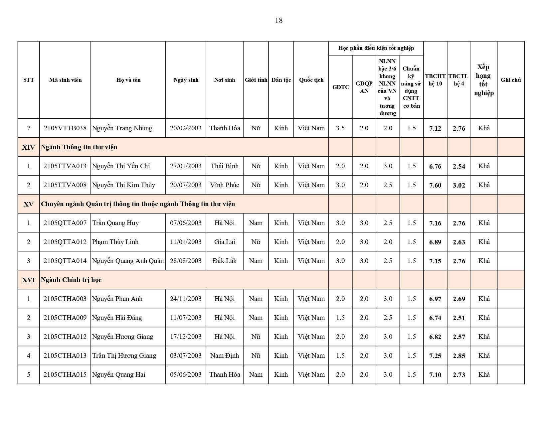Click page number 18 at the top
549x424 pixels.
[278, 21]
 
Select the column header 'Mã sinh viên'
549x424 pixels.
[65, 80]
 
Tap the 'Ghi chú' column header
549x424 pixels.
[510, 80]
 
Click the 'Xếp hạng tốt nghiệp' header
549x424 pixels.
[484, 80]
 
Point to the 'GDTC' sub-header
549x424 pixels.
[340, 87]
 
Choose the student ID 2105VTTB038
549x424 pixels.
[65, 128]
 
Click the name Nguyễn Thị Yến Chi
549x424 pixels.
[121, 166]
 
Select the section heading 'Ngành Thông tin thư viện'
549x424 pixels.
[79, 147]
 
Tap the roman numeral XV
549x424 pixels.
[29, 204]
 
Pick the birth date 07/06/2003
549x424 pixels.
[186, 223]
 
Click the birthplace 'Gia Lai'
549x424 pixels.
[225, 242]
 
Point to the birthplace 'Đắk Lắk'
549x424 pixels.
[225, 261]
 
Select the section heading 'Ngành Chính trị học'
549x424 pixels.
[71, 280]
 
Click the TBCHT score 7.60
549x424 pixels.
[435, 185]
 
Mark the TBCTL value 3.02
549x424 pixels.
[459, 185]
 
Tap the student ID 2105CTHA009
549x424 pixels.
[65, 318]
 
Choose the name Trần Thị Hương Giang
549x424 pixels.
[124, 355]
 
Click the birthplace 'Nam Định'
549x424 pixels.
[225, 355]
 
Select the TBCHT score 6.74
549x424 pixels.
[435, 318]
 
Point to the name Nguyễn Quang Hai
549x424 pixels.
[118, 374]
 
